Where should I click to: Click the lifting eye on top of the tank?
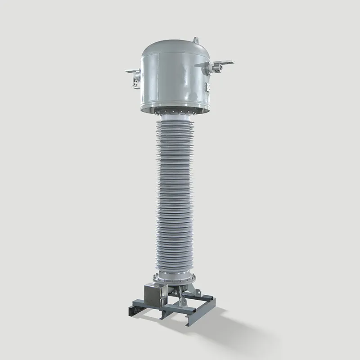coord(196,40)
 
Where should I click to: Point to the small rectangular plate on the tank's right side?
coord(209,87)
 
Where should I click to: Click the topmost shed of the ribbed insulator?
coord(176,124)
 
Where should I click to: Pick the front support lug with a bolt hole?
coord(181,297)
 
